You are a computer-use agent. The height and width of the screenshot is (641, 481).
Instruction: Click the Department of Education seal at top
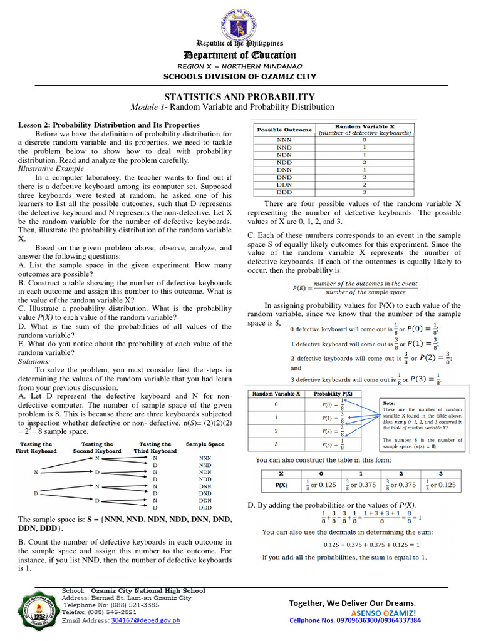(240, 20)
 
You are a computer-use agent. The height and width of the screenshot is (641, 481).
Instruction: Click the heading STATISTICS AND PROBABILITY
(239, 96)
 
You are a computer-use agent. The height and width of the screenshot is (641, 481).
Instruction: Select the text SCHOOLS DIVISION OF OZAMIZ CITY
(240, 76)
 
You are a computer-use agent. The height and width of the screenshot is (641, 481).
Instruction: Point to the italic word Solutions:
(34, 361)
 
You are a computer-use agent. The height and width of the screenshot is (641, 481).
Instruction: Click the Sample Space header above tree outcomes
(205, 444)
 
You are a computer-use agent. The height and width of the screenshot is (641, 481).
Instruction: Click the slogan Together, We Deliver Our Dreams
(352, 602)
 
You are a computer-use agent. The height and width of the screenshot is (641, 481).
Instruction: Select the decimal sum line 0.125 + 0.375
(368, 544)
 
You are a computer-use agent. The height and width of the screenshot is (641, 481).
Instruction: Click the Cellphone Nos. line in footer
(354, 620)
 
